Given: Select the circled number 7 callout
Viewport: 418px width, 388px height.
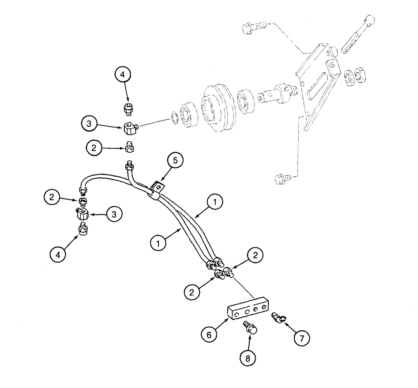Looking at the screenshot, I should pos(302,337).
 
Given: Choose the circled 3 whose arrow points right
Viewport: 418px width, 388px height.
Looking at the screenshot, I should pos(90,123).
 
